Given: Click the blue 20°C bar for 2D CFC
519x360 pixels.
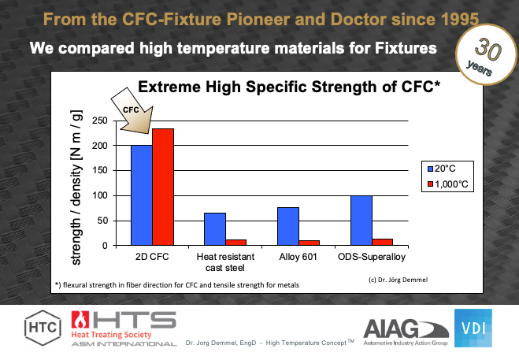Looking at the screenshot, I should (x=142, y=195).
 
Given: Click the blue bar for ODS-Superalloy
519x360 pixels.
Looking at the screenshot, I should (x=361, y=221).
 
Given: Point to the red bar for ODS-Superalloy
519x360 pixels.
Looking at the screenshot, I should (x=382, y=242).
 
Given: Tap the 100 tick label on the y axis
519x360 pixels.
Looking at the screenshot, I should (x=101, y=195).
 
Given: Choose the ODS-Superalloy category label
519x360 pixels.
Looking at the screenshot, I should (x=372, y=258).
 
